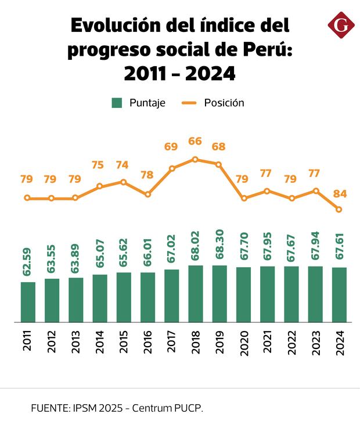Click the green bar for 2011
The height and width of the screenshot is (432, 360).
(28, 302)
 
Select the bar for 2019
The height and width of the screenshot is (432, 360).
(219, 294)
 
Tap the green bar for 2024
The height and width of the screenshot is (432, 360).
(339, 295)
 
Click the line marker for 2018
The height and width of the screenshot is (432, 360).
(196, 159)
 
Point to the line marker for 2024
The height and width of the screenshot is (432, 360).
(339, 210)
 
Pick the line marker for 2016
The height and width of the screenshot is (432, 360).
(147, 195)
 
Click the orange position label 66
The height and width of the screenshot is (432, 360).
(195, 141)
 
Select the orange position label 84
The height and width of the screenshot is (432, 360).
(340, 193)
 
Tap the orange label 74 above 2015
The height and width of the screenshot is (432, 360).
(123, 165)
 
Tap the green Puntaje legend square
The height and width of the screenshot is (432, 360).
(117, 103)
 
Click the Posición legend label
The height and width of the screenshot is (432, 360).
(224, 103)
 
